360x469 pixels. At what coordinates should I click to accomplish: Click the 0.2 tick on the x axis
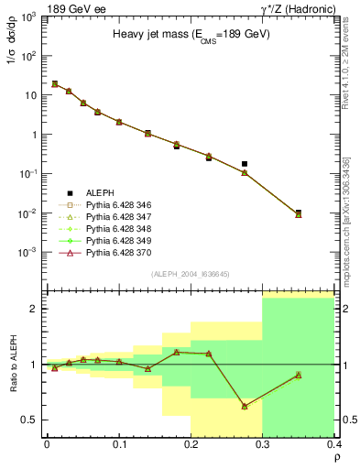point(191,445)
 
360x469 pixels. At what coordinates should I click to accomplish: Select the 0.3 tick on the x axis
point(263,445)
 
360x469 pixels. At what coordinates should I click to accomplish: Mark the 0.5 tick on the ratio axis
point(34,420)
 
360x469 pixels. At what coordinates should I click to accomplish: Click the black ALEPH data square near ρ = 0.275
point(245,164)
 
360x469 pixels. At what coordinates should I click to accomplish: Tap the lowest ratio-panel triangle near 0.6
point(245,406)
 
